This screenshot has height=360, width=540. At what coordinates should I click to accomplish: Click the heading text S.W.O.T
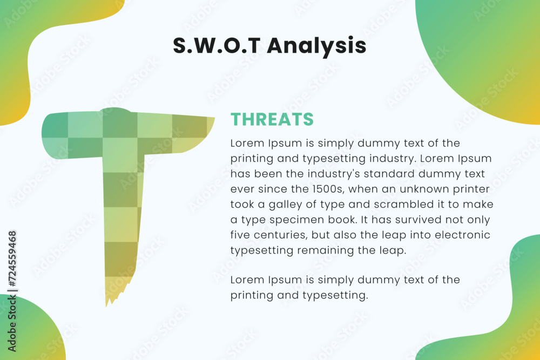pos(217,45)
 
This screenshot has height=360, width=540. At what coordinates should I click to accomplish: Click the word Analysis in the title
pos(316,46)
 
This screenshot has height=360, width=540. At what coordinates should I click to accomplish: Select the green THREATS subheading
pos(272,119)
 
